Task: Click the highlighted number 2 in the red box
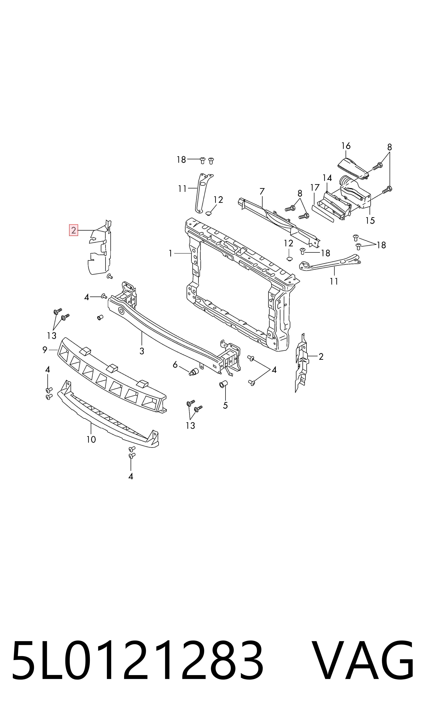(74, 230)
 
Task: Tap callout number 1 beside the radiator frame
(170, 253)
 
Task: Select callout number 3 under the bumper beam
(142, 351)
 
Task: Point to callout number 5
(225, 405)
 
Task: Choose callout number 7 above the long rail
(262, 191)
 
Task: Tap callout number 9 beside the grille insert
(45, 350)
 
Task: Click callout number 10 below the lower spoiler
(91, 439)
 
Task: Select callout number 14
(327, 178)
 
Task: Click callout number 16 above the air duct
(346, 146)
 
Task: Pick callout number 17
(315, 188)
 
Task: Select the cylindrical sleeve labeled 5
(223, 384)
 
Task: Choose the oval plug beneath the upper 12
(208, 213)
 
